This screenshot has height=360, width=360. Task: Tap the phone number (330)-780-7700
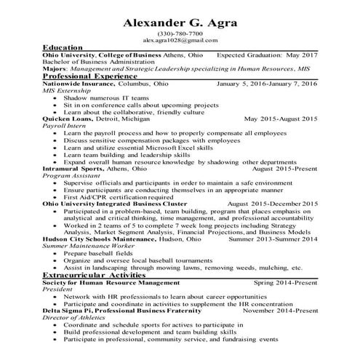click(180, 35)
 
